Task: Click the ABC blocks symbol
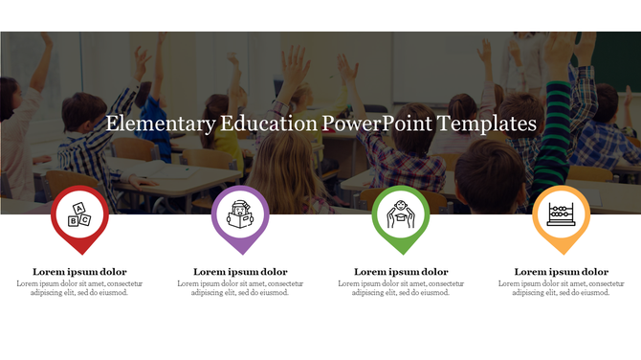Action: [x=80, y=215]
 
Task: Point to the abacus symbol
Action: [x=561, y=214]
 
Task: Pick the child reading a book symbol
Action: [x=240, y=214]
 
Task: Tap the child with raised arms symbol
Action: [x=401, y=214]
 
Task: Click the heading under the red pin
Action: [x=80, y=272]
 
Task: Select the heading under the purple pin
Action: [x=240, y=272]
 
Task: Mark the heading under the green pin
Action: [x=401, y=272]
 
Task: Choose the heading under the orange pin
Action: [x=562, y=272]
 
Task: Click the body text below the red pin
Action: [x=80, y=288]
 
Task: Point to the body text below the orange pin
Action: [x=562, y=288]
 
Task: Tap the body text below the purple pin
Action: [x=240, y=288]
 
